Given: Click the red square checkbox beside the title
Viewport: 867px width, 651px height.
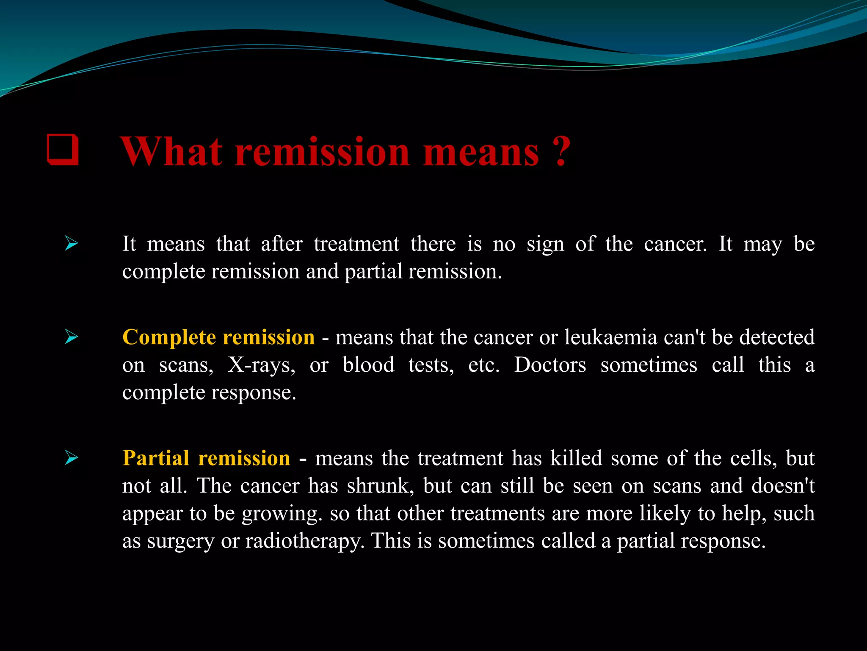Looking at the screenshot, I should (x=63, y=149).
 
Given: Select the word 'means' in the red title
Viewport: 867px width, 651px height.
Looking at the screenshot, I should (x=481, y=153).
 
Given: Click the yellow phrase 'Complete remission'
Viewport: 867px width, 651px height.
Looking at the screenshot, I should (x=218, y=337).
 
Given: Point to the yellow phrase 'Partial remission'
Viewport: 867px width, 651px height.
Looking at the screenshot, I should (x=206, y=458).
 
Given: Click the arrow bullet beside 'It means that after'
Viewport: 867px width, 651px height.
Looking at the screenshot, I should (x=72, y=244).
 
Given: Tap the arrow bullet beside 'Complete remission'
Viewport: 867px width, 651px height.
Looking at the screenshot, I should (x=72, y=337).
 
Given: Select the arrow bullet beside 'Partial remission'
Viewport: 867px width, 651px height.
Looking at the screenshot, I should (x=72, y=458).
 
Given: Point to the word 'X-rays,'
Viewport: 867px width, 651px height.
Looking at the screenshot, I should (x=262, y=365).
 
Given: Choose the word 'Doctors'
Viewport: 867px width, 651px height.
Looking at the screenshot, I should (x=550, y=365).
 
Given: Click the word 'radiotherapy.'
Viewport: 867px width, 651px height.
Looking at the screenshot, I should (x=305, y=541).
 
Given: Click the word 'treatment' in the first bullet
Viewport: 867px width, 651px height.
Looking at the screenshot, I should (x=356, y=244).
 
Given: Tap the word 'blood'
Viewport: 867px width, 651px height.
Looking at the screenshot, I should (x=368, y=365).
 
